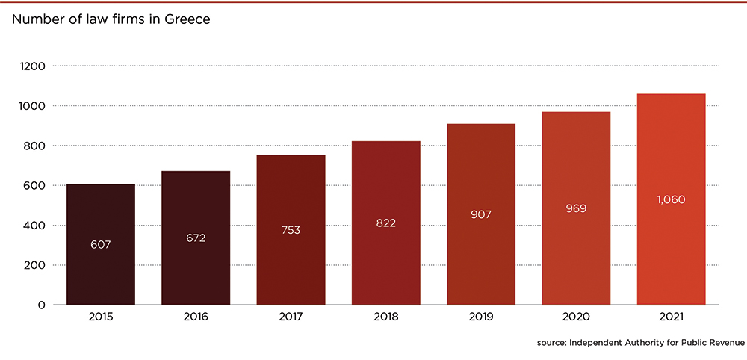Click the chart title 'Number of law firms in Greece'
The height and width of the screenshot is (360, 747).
point(110,19)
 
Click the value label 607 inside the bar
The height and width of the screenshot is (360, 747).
point(101,244)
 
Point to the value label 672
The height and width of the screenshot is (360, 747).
point(196,238)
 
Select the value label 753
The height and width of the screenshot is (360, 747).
point(291,230)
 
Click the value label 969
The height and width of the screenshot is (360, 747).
point(576,208)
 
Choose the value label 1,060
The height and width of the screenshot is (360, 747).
point(671,199)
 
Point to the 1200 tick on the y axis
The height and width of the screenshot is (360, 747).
point(34,66)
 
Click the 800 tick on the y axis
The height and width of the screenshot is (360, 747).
point(36,146)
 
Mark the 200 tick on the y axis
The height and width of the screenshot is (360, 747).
point(36,265)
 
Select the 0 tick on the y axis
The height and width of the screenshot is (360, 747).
point(43,305)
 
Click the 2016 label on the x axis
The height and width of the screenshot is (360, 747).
point(196,317)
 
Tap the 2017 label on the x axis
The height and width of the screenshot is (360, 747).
point(291,317)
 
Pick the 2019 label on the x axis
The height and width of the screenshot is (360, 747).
point(481,317)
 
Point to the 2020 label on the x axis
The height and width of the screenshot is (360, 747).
point(576,317)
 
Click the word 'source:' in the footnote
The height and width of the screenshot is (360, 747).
point(552,343)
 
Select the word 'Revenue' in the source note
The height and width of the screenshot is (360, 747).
point(725,343)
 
